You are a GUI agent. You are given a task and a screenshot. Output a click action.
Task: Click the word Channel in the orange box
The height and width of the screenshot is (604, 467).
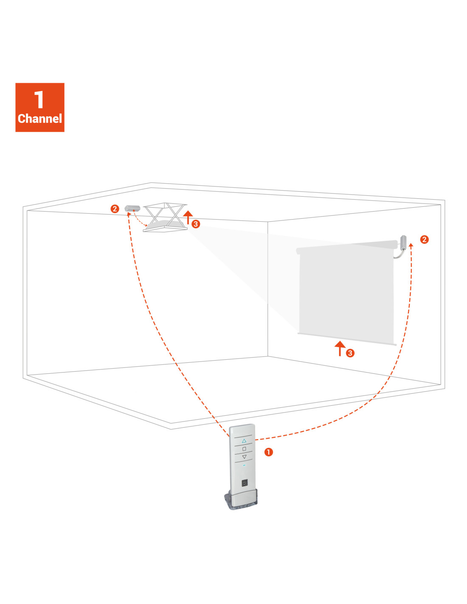[x=39, y=119]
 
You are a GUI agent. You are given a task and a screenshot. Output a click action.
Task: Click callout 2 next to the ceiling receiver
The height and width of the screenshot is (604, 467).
[x=115, y=209]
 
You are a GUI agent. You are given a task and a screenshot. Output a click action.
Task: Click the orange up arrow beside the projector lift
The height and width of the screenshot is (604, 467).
[x=188, y=217]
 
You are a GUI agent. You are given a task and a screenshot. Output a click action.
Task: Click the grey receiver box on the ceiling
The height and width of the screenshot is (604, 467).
[x=132, y=208]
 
